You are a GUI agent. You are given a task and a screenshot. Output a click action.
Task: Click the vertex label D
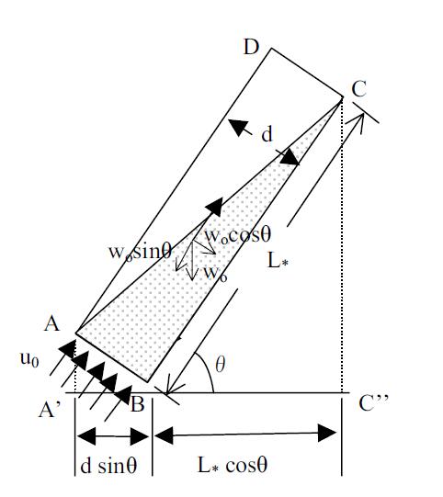click(x=252, y=48)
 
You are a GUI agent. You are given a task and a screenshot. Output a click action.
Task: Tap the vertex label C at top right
click(x=359, y=89)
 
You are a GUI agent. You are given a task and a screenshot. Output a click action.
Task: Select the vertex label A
click(x=51, y=324)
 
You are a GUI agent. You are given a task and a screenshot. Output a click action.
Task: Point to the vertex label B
click(x=138, y=404)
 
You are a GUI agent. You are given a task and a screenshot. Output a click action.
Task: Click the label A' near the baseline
click(x=49, y=411)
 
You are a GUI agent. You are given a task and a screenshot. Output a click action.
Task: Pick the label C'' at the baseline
click(x=373, y=403)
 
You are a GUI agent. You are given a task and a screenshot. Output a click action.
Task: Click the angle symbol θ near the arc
click(x=220, y=364)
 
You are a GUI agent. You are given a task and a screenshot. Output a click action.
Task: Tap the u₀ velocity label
click(x=29, y=360)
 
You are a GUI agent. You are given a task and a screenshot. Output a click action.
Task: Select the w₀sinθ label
click(x=141, y=252)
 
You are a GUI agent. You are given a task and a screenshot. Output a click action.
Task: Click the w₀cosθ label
click(x=238, y=235)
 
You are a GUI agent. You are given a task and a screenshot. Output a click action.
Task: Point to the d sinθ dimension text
click(x=108, y=466)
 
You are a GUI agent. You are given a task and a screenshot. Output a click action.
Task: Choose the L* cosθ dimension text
click(x=233, y=465)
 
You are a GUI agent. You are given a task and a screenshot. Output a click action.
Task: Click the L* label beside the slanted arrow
click(x=278, y=262)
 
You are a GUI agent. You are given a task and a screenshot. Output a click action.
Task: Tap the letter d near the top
click(x=267, y=134)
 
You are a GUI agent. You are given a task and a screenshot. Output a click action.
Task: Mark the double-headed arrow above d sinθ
click(x=113, y=435)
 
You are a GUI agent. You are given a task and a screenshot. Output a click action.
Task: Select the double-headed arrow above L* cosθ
click(x=245, y=434)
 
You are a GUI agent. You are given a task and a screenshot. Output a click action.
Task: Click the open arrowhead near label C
click(x=356, y=122)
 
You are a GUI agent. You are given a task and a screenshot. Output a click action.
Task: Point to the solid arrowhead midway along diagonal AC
click(x=214, y=207)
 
